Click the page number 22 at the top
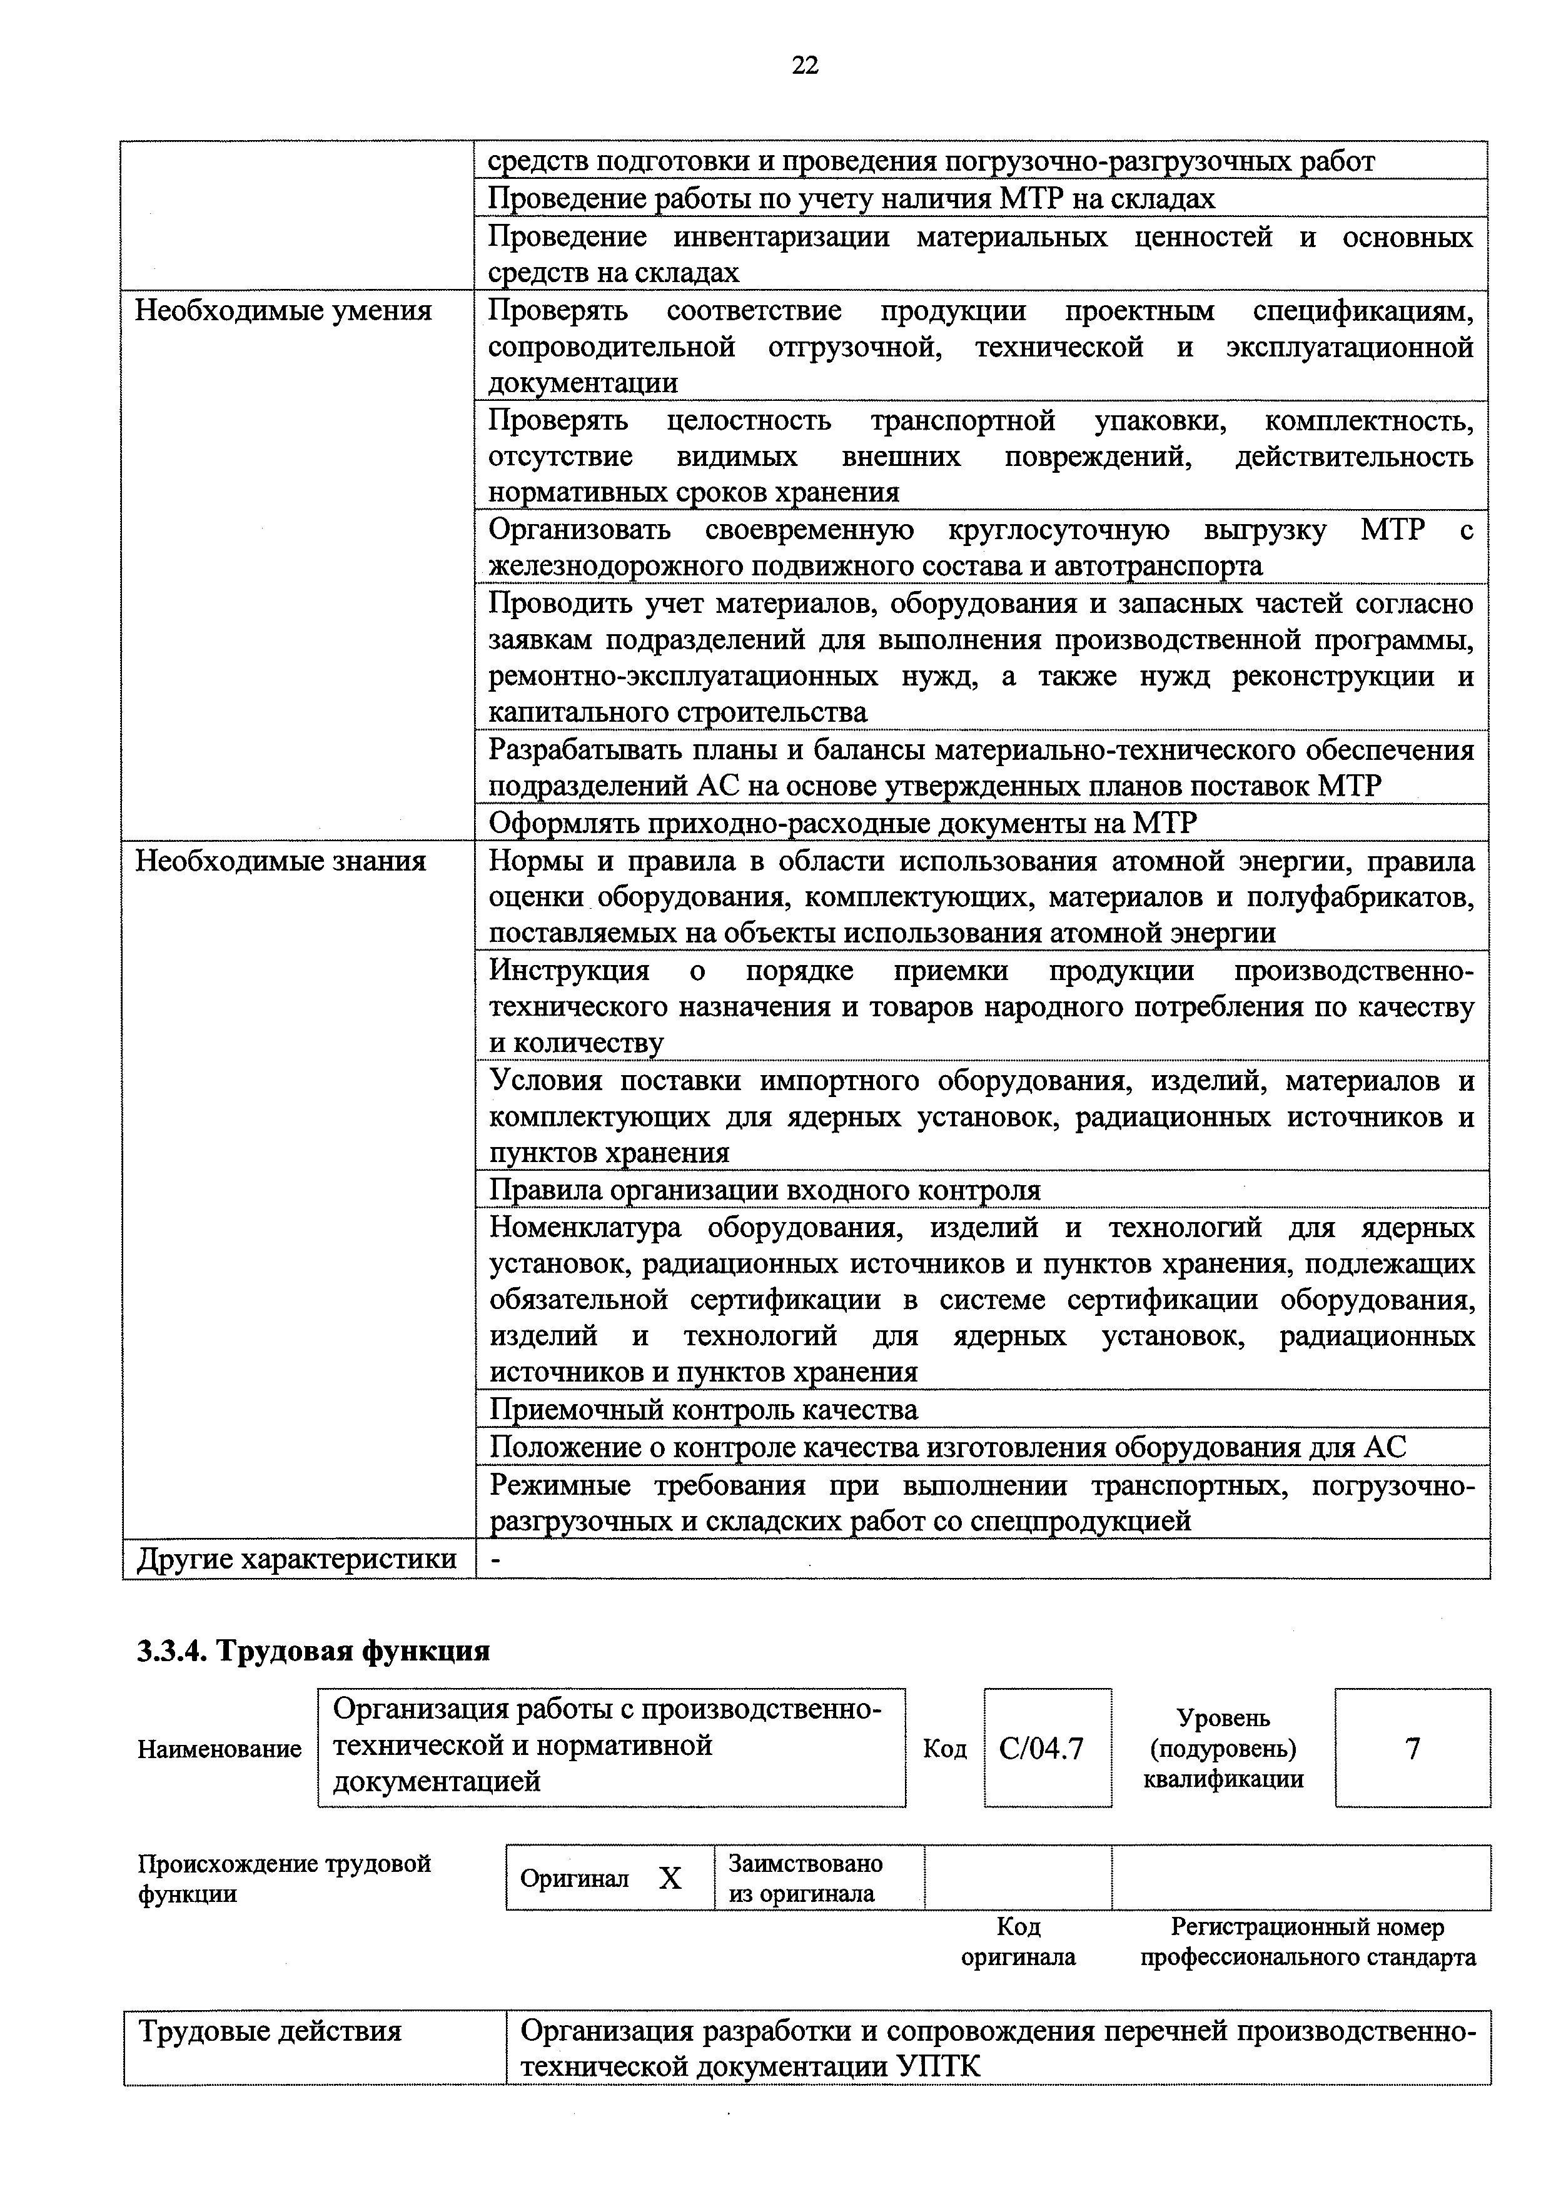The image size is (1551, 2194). [x=805, y=65]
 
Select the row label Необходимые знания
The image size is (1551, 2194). [x=280, y=861]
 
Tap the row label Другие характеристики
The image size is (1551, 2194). [x=296, y=1559]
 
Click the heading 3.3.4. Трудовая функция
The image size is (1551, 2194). [x=313, y=1651]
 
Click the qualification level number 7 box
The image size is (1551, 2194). [x=1412, y=1749]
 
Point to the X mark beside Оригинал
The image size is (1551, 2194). [x=670, y=1879]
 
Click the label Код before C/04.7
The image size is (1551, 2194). [x=944, y=1749]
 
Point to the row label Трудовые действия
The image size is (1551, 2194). [x=270, y=2031]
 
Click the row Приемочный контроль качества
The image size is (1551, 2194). [x=704, y=1410]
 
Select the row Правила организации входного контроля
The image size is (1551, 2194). [x=764, y=1190]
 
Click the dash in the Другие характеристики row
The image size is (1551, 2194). [x=494, y=1559]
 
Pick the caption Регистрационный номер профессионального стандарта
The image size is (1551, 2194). [x=1307, y=1942]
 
